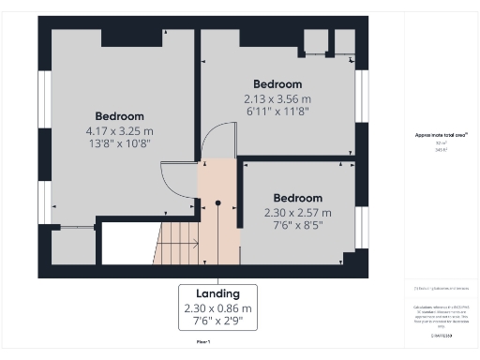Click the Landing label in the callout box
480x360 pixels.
tap(217, 292)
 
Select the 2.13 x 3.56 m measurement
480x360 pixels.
tap(277, 98)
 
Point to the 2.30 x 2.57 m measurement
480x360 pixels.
tap(298, 213)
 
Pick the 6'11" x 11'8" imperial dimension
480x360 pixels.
tap(277, 112)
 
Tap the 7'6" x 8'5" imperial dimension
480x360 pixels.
tap(298, 226)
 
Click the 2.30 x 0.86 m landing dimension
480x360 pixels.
tap(217, 308)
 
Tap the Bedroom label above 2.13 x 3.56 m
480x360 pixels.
tap(277, 83)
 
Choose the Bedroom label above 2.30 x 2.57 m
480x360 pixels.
tap(298, 198)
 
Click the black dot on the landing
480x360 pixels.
tap(217, 202)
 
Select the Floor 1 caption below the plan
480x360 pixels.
tap(202, 342)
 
